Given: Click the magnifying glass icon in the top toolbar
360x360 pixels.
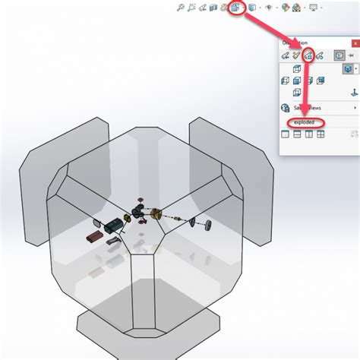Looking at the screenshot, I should (180, 8).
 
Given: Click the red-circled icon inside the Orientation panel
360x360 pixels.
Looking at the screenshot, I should (308, 55).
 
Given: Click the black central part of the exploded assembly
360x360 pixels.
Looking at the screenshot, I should (141, 213).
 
